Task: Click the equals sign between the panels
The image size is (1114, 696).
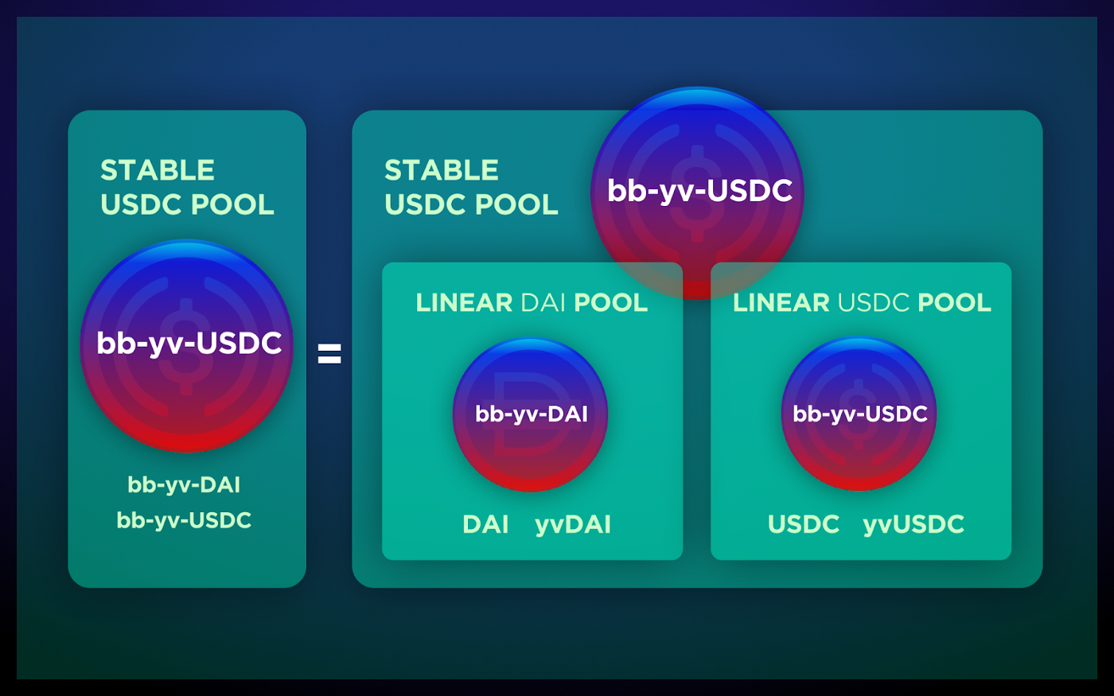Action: (x=329, y=353)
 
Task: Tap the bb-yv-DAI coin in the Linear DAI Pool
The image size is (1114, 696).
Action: (x=530, y=414)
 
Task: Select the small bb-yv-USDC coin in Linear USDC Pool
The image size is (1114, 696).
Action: (x=859, y=414)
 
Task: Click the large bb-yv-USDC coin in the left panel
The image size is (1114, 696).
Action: (x=187, y=344)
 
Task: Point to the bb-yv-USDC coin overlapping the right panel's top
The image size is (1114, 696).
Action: (x=698, y=192)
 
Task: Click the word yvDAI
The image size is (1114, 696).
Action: (x=573, y=525)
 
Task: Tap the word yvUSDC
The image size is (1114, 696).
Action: (x=913, y=525)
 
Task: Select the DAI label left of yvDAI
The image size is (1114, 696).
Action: (x=485, y=525)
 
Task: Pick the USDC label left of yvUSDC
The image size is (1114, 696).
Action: (x=803, y=525)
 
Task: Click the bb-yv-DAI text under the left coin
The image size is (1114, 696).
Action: (x=184, y=484)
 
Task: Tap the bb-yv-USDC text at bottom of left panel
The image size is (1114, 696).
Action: (x=184, y=520)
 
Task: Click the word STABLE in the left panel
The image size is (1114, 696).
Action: (x=158, y=170)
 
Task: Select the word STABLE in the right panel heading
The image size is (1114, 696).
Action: (x=442, y=170)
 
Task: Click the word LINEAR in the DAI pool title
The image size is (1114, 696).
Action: (x=465, y=303)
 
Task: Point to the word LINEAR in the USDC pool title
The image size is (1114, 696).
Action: (x=781, y=303)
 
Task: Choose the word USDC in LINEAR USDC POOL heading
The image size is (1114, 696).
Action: (x=874, y=303)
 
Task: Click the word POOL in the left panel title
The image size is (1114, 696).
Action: (x=233, y=205)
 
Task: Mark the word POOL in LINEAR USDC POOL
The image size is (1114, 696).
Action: (x=954, y=303)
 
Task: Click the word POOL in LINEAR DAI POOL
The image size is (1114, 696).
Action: (x=610, y=303)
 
